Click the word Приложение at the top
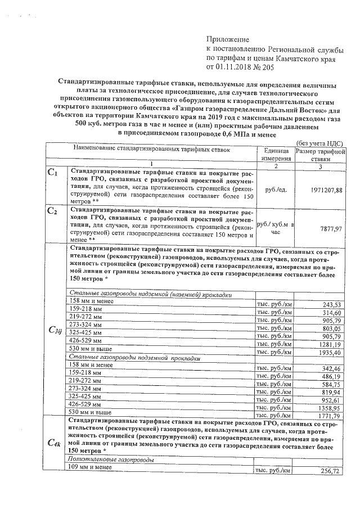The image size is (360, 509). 228,40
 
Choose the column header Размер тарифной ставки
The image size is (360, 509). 319,156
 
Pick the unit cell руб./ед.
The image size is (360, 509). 275,190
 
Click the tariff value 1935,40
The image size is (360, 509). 329,352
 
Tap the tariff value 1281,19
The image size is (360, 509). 329,344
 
